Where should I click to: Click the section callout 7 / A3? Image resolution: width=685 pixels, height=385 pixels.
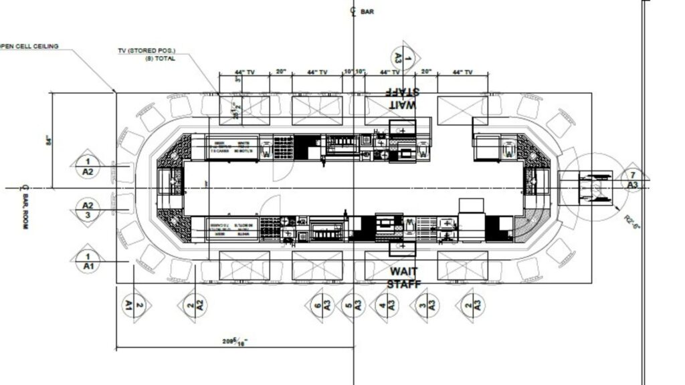pos(632,179)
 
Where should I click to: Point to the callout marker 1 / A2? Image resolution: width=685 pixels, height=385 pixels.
pos(87,166)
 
